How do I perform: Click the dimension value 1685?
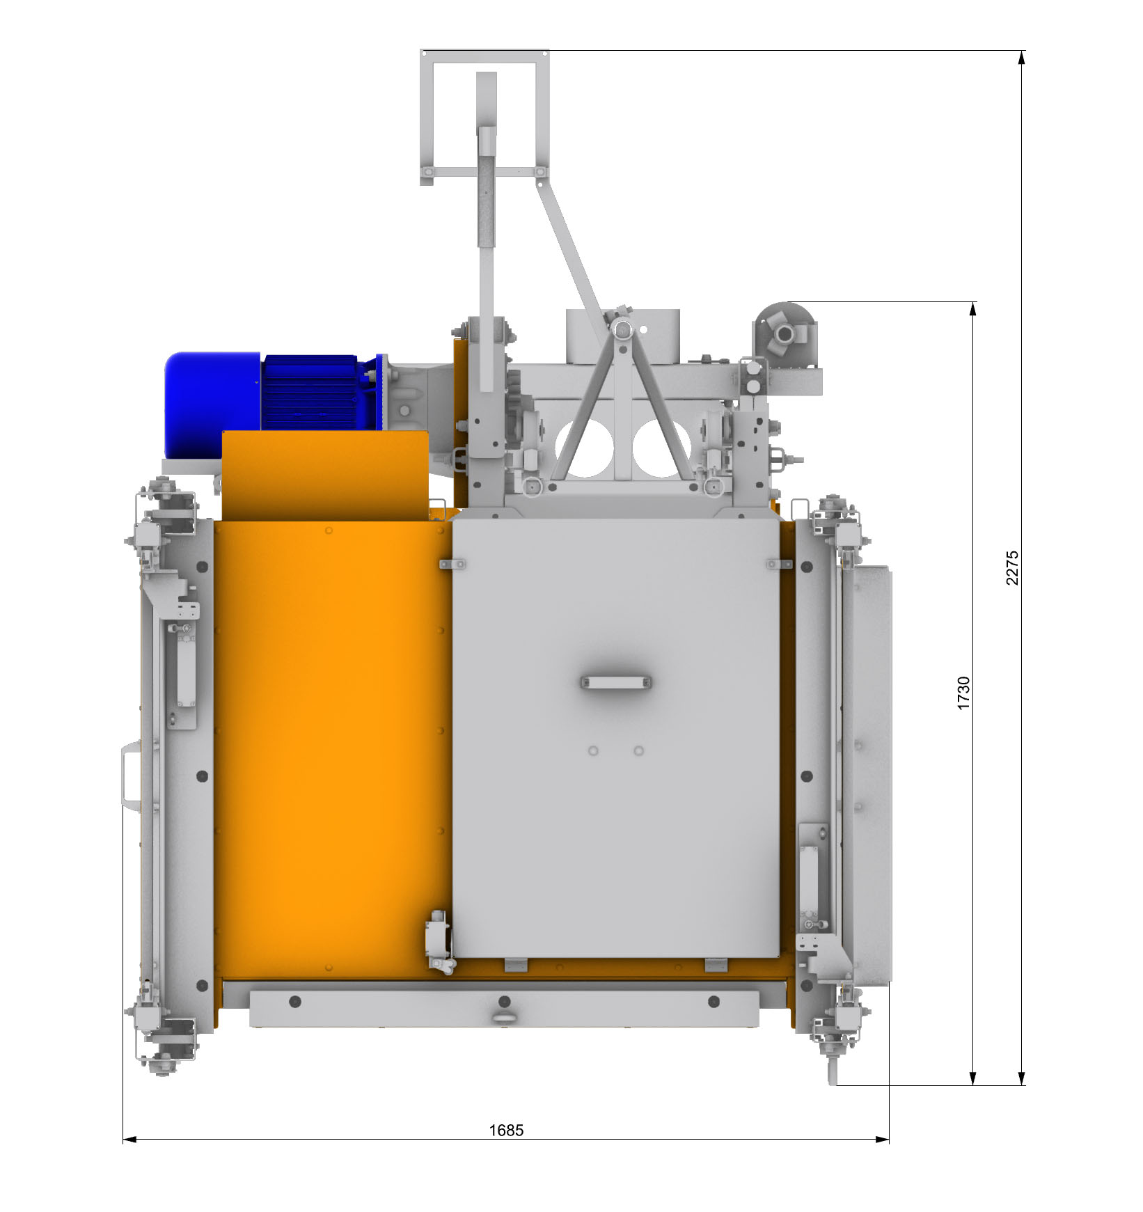pos(506,1130)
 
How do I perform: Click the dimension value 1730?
pos(963,693)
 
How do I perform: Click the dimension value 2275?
pos(1012,567)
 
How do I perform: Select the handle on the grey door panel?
pos(616,682)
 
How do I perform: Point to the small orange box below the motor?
pos(325,475)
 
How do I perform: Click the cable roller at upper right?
pos(785,336)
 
